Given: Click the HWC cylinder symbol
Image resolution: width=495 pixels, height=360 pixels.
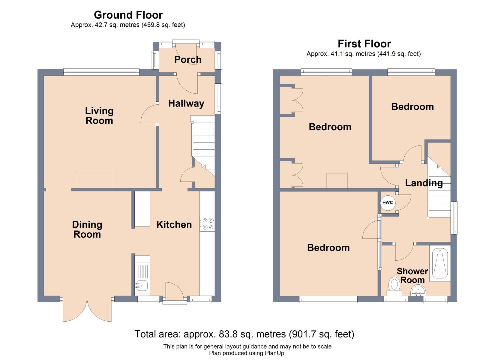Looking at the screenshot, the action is pos(388,203).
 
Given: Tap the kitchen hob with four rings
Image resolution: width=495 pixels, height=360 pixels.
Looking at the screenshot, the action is pos(207,224).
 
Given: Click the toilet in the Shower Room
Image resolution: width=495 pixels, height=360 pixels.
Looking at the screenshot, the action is pos(394,286).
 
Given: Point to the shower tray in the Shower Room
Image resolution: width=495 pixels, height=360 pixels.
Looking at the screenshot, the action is pos(440,263).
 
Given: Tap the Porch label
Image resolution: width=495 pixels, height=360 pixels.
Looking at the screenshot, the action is pos(188,60).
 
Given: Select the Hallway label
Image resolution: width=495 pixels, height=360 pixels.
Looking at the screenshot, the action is pos(186,104).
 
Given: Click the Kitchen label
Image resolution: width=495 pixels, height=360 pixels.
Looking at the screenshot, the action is pos(174,225).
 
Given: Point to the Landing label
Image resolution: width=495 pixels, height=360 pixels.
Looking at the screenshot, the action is pos(424,183).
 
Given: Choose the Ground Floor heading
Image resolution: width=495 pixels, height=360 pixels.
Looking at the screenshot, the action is pos(128,15).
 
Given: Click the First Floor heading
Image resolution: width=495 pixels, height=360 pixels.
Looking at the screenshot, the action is pos(364,44).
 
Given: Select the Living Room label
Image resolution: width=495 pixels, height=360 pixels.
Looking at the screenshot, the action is pos(99,116).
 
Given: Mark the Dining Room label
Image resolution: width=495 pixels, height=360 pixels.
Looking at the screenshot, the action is pos(87,229).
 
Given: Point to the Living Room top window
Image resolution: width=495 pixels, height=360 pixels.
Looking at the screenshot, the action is pos(101,72).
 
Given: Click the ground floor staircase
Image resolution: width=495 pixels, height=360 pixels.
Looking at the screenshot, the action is pos(203,146).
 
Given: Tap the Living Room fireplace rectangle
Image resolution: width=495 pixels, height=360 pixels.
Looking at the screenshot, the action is pos(94,181).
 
